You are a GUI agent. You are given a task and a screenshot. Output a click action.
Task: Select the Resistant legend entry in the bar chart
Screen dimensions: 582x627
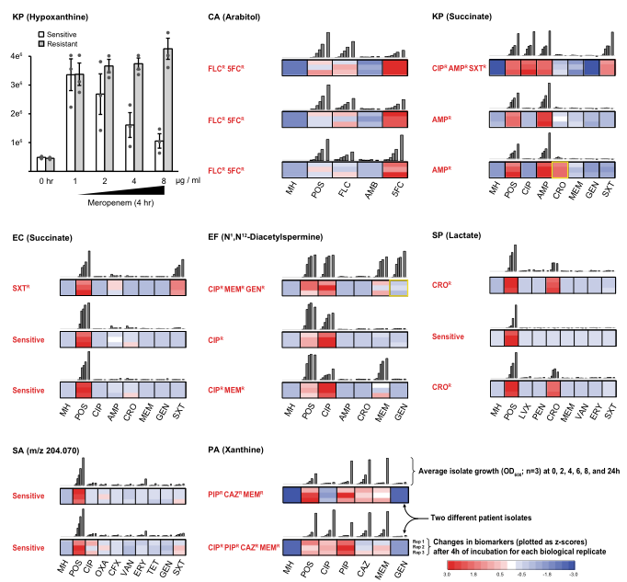[63, 43]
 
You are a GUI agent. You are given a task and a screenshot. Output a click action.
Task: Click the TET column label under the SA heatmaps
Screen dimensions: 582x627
[162, 558]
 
